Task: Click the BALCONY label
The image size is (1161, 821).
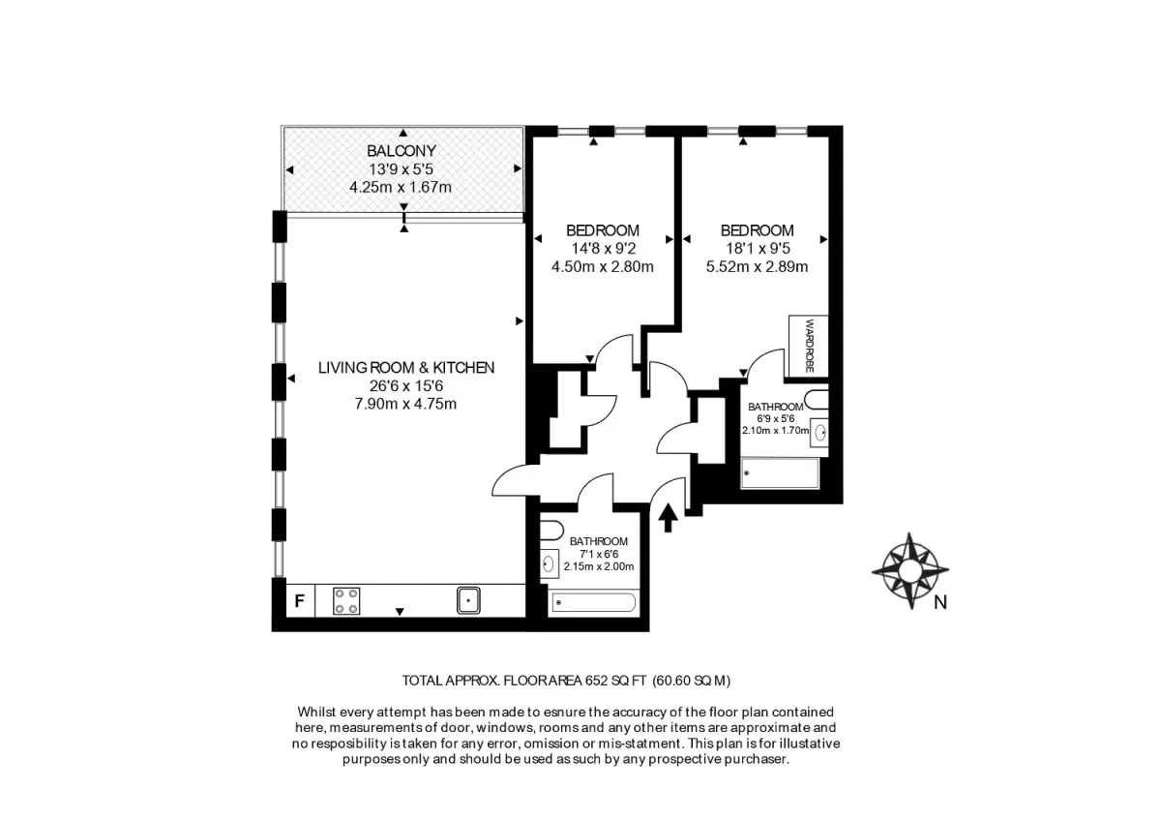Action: pos(402,151)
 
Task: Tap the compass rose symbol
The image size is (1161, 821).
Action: pos(910,570)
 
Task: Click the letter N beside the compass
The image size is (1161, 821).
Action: pos(940,602)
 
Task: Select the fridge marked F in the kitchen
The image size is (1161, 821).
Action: pos(300,601)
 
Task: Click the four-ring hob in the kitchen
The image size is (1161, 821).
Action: pos(346,601)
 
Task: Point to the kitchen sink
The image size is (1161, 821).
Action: pos(468,600)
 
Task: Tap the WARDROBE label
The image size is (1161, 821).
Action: pos(810,346)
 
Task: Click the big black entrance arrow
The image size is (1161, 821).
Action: pos(669,518)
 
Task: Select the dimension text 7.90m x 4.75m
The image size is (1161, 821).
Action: pos(405,404)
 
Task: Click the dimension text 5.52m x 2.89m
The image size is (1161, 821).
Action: pos(757,266)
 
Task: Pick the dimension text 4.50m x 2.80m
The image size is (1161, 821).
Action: pos(602,266)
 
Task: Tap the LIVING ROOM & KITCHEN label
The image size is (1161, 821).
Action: pos(406,368)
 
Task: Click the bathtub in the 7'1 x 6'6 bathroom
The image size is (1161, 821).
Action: pos(593,602)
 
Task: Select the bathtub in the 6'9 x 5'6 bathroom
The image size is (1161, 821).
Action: pos(780,473)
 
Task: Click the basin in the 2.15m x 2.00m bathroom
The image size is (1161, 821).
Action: pos(550,563)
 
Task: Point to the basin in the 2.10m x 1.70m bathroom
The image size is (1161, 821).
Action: pos(819,433)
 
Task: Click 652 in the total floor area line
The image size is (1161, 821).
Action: pos(596,681)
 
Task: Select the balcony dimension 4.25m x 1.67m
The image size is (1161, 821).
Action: pos(401,187)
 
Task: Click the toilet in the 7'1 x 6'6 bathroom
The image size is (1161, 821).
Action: pos(551,531)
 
